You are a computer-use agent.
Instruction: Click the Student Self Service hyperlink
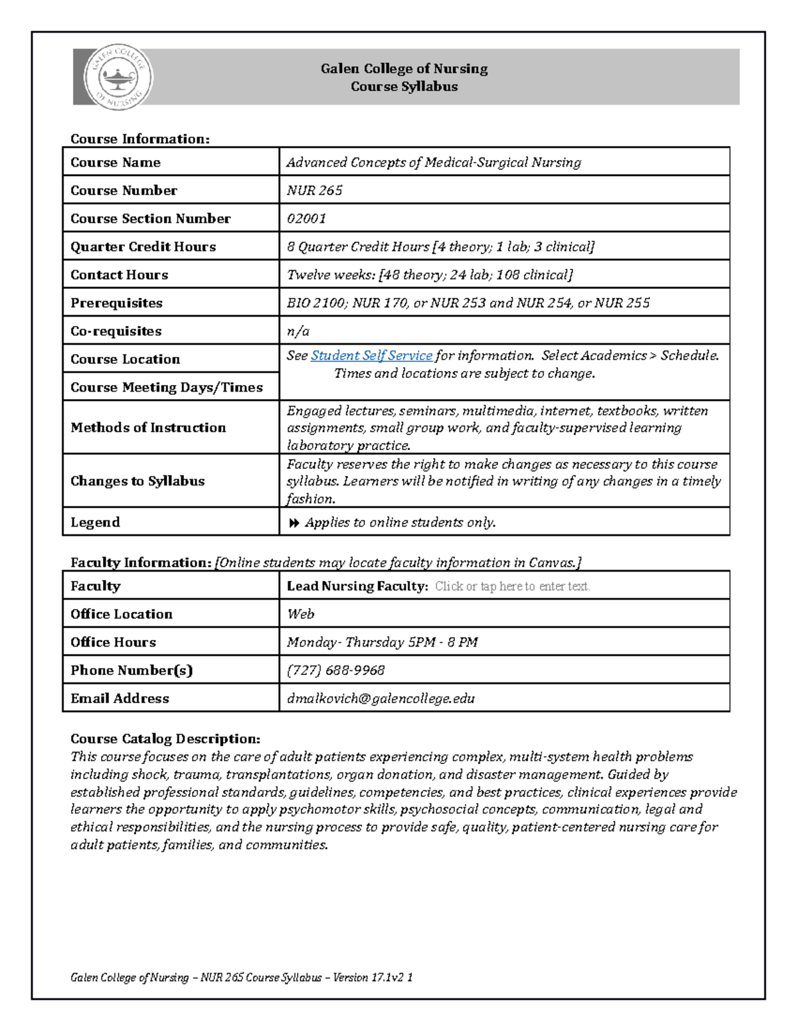click(371, 356)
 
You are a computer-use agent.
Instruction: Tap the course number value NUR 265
click(314, 191)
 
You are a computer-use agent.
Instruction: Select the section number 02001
click(306, 218)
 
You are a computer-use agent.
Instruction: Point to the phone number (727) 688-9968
click(335, 671)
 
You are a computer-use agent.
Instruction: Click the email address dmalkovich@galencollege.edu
click(381, 698)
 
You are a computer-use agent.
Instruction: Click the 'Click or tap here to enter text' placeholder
click(512, 586)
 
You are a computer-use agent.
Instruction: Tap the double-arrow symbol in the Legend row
click(294, 523)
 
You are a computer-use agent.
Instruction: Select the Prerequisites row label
click(116, 303)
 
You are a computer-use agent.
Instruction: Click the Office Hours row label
click(113, 642)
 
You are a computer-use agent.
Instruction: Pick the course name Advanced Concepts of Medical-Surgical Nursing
click(434, 163)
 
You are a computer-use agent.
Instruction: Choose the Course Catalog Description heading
click(165, 739)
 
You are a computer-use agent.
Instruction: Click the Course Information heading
click(139, 139)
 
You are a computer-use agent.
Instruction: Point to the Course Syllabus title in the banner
click(404, 87)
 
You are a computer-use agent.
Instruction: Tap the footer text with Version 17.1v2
click(242, 977)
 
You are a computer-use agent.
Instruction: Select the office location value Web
click(300, 614)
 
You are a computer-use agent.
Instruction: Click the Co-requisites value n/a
click(298, 331)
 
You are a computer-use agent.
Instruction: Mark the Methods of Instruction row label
click(148, 428)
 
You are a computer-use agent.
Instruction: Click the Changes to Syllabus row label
click(137, 481)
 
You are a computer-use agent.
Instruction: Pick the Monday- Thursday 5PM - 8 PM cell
click(382, 642)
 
